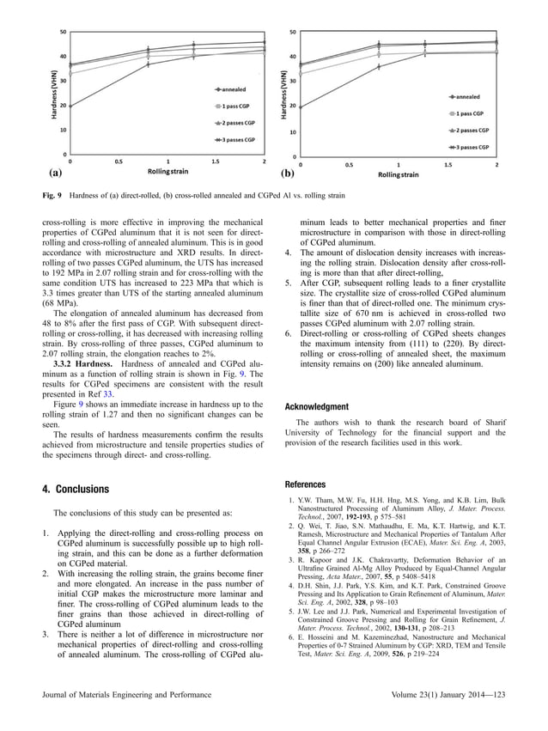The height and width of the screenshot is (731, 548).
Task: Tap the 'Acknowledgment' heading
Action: click(x=318, y=406)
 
